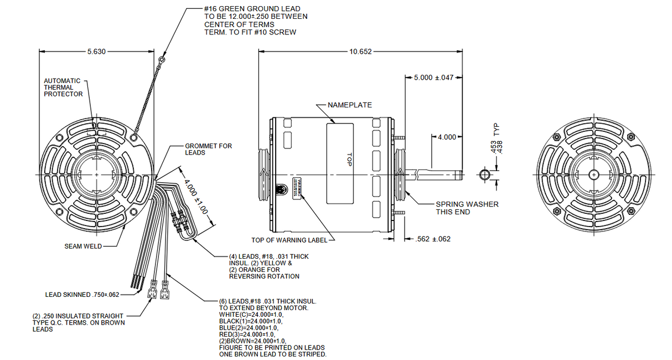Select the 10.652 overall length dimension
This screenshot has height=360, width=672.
(x=360, y=52)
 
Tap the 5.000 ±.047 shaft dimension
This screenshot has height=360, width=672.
(x=433, y=78)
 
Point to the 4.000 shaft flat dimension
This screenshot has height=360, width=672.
(x=447, y=137)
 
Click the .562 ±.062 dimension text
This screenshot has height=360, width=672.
(x=433, y=239)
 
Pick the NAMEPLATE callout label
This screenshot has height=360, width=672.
(x=350, y=105)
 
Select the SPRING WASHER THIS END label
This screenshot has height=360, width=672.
(x=467, y=208)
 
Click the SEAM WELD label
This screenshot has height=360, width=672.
(x=83, y=246)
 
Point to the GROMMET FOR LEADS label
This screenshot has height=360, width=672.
(x=208, y=149)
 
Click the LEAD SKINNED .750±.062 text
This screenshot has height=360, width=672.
(x=82, y=295)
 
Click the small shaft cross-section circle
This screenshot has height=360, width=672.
(x=484, y=174)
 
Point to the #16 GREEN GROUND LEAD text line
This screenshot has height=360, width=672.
(x=252, y=9)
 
